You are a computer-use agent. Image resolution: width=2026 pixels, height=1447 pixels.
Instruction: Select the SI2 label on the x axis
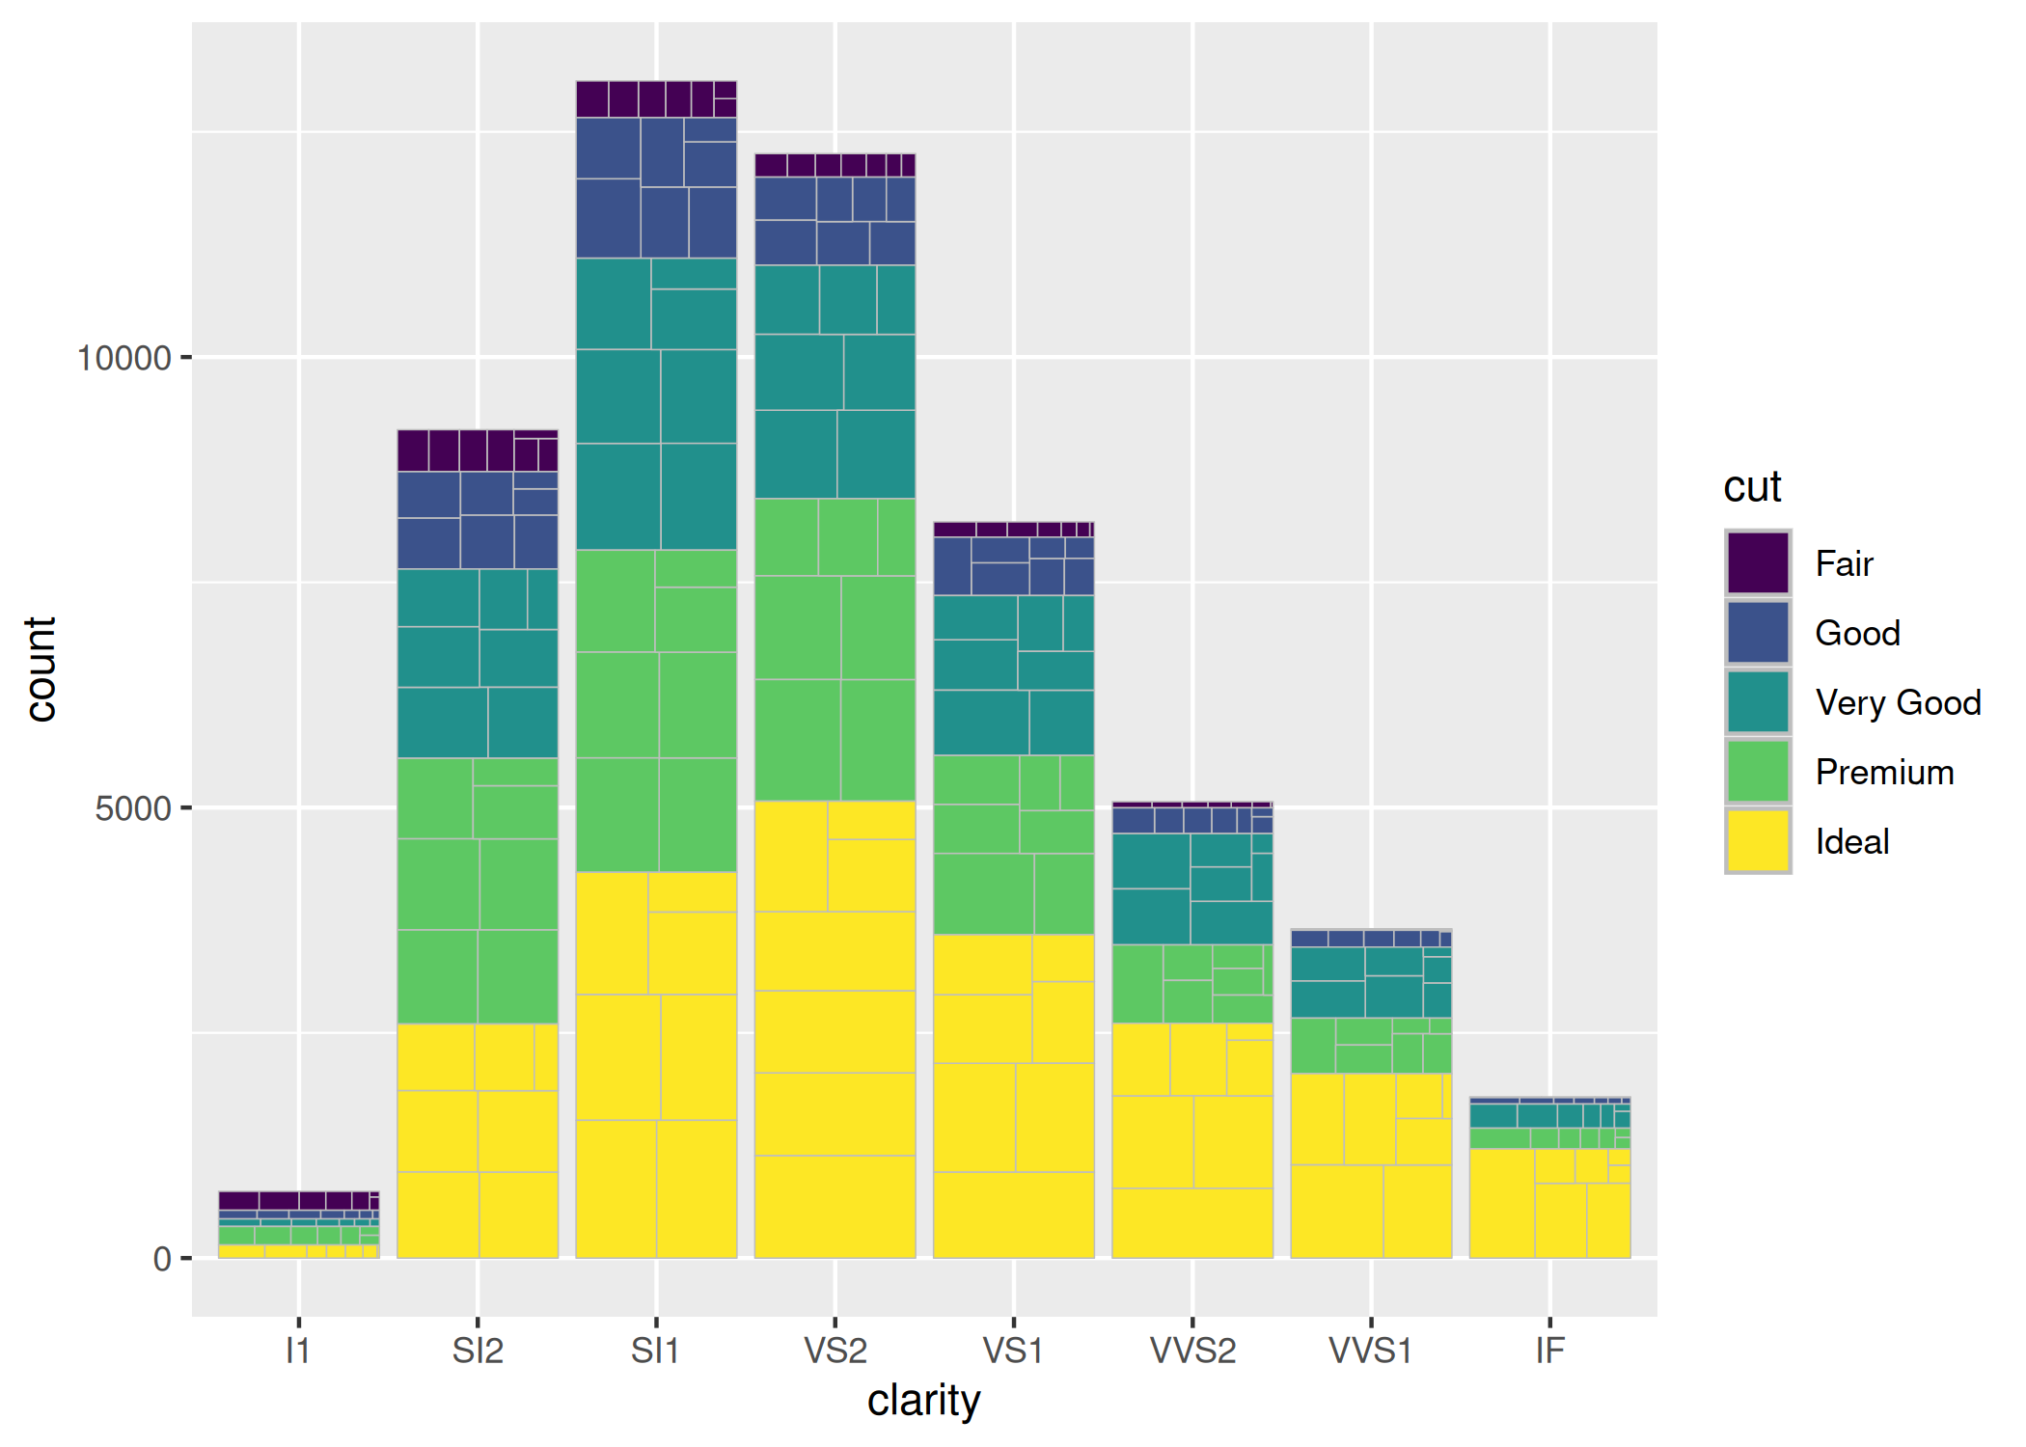(478, 1350)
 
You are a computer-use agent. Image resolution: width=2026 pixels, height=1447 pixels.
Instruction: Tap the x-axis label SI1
(655, 1350)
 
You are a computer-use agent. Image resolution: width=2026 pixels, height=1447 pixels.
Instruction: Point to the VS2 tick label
(835, 1350)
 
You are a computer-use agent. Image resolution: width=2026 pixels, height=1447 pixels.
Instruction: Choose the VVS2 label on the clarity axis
(1192, 1350)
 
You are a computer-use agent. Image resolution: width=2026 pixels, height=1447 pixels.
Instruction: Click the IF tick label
(1549, 1350)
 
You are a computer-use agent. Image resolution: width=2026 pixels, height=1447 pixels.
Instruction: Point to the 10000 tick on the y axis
(123, 358)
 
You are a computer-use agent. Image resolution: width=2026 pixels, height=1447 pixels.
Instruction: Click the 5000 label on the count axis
(133, 808)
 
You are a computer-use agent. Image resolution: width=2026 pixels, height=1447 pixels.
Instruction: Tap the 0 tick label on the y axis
(162, 1259)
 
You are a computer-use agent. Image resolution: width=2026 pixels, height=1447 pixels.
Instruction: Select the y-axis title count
(41, 669)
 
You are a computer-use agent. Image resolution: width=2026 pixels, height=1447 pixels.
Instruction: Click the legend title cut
(1752, 487)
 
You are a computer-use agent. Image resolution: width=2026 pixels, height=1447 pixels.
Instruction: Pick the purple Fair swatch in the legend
(1758, 562)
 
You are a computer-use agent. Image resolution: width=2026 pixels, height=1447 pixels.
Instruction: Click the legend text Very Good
(1898, 702)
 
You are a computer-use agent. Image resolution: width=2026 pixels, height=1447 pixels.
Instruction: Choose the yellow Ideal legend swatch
(1758, 841)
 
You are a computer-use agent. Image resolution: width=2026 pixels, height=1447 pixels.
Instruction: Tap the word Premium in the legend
(1884, 772)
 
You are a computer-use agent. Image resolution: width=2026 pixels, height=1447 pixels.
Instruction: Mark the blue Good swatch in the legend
(1758, 633)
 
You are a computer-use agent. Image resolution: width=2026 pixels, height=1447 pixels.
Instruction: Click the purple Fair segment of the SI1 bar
(656, 99)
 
